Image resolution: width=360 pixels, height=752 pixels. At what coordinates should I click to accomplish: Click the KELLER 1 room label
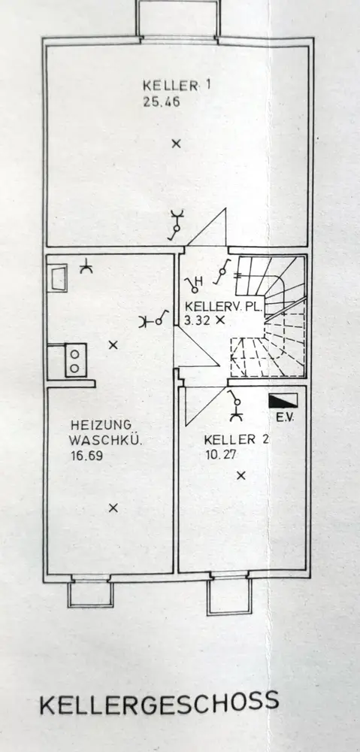[x=176, y=86]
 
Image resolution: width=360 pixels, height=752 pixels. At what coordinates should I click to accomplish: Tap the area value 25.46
[x=162, y=102]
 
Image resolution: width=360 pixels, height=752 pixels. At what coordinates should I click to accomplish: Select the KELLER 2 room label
[x=236, y=439]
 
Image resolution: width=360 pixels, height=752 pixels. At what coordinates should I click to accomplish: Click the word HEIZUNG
[x=101, y=425]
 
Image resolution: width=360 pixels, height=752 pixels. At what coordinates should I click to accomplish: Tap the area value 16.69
[x=86, y=456]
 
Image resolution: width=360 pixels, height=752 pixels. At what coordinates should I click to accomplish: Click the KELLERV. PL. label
[x=223, y=306]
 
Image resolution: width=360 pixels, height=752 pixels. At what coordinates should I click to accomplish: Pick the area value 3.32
[x=198, y=321]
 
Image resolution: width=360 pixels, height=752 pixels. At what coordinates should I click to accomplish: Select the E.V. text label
[x=284, y=417]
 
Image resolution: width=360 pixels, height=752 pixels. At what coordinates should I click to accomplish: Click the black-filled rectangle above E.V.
[x=283, y=401]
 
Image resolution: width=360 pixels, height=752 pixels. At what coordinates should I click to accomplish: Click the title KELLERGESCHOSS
[x=159, y=703]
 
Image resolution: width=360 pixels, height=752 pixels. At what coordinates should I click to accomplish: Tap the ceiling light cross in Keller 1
[x=177, y=143]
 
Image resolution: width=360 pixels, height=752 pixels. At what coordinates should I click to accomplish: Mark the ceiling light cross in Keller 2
[x=241, y=475]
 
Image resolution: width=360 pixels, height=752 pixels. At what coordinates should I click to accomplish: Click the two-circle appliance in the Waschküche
[x=75, y=360]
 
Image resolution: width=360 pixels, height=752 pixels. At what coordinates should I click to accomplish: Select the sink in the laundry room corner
[x=58, y=278]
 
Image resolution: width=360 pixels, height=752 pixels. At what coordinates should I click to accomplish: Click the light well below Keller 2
[x=229, y=594]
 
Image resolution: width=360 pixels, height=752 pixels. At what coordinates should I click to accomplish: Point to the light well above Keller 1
[x=178, y=20]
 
